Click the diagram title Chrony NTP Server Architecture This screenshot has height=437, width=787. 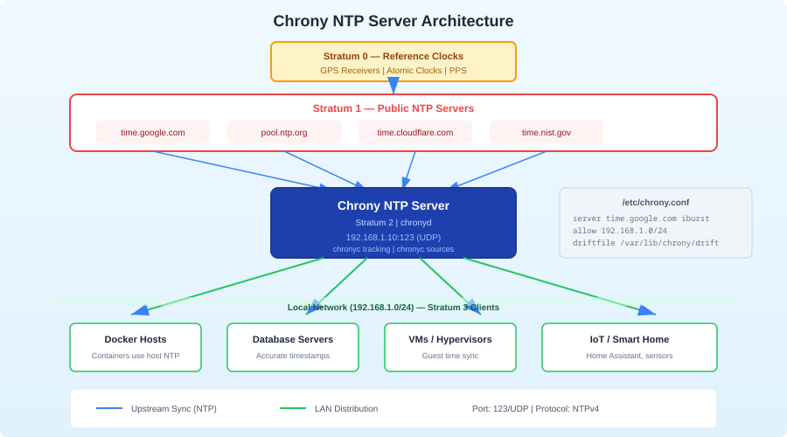click(393, 21)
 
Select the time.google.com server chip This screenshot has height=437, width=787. click(153, 132)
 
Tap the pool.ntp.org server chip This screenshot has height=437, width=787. click(284, 132)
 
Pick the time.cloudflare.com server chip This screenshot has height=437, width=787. click(415, 132)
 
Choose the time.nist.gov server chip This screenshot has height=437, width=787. click(547, 132)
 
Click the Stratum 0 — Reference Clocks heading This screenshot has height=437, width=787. click(393, 56)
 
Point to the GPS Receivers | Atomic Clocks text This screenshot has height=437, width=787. click(393, 71)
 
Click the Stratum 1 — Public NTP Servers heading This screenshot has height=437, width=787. click(393, 108)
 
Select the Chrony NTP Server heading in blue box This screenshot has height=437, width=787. click(393, 206)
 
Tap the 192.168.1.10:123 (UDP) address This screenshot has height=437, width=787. click(393, 237)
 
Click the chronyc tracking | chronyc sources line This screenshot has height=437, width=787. click(393, 249)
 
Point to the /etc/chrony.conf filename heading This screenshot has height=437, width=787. click(656, 202)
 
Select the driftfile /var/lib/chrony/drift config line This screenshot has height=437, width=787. click(645, 243)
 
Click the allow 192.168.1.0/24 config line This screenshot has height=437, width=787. click(620, 231)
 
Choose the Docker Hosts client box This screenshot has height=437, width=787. click(136, 347)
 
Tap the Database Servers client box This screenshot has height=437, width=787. click(293, 347)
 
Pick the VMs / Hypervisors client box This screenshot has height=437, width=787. click(450, 347)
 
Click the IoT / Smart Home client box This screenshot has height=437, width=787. click(630, 347)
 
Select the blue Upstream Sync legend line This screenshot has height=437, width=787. click(109, 408)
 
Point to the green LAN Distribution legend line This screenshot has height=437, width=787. click(293, 408)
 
